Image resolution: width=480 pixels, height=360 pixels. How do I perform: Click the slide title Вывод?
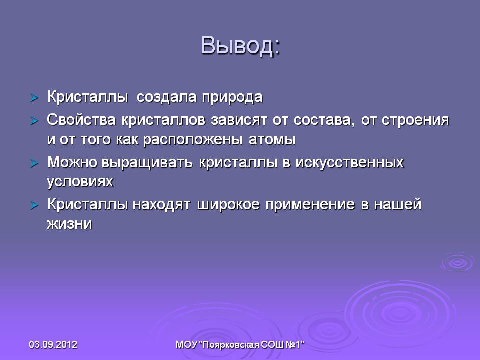pyautogui.click(x=240, y=46)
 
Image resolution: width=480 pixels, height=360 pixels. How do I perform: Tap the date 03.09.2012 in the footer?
pyautogui.click(x=53, y=345)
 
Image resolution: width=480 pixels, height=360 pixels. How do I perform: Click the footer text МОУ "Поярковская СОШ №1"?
pyautogui.click(x=240, y=345)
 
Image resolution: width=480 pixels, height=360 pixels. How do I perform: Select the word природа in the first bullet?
pyautogui.click(x=232, y=98)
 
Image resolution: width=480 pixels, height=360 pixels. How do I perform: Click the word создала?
pyautogui.click(x=166, y=97)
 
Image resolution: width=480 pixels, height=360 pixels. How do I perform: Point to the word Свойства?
pyautogui.click(x=81, y=120)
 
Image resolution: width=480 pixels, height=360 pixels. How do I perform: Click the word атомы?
pyautogui.click(x=272, y=140)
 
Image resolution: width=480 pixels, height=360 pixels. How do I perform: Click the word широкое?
pyautogui.click(x=228, y=205)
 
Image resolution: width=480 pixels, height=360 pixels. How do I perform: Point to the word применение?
pyautogui.click(x=310, y=205)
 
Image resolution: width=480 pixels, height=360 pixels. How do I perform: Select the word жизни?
pyautogui.click(x=69, y=224)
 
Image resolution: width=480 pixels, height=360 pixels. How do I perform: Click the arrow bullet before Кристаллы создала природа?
pyautogui.click(x=34, y=98)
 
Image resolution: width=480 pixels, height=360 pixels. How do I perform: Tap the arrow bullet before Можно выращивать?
pyautogui.click(x=34, y=163)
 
